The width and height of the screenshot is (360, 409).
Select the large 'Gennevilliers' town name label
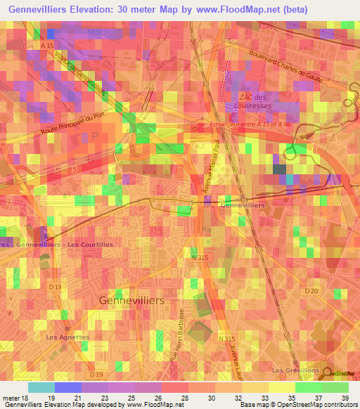[x=132, y=299]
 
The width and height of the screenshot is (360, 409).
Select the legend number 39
[x=345, y=398]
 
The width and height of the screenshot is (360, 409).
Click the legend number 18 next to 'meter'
[x=26, y=398]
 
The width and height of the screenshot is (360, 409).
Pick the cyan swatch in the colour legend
[x=41, y=387]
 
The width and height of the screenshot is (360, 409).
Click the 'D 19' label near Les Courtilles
[x=55, y=287]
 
